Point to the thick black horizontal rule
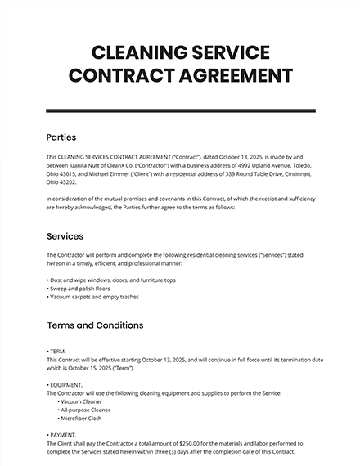(180, 110)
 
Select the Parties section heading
(62, 137)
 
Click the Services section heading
(65, 236)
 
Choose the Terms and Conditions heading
(96, 325)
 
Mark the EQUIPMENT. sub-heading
(66, 384)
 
